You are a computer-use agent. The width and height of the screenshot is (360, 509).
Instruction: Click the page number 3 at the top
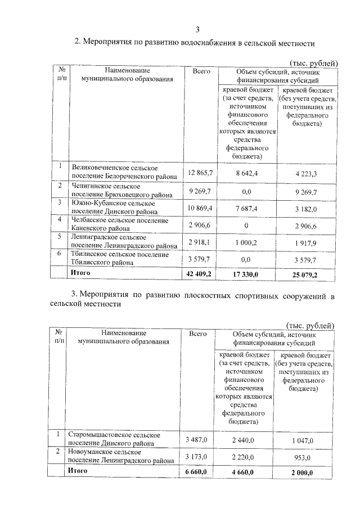point(197,30)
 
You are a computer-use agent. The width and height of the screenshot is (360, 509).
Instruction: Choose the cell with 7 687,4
point(246,208)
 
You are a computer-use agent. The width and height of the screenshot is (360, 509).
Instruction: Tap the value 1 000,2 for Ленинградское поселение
point(246,242)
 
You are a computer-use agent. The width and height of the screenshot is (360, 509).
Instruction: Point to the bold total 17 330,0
point(246,274)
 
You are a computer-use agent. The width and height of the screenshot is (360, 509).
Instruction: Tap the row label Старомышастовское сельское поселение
point(115,439)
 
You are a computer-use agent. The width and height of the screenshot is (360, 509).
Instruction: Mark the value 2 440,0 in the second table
point(242,439)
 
